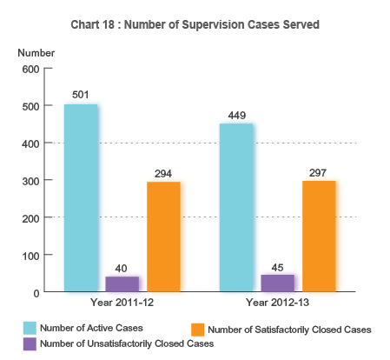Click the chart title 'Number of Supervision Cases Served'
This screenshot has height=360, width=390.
tap(195, 24)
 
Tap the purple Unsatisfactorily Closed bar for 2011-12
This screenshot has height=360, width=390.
tap(122, 283)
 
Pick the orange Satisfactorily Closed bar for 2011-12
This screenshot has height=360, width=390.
tap(163, 237)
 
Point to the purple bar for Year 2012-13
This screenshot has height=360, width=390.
tap(277, 283)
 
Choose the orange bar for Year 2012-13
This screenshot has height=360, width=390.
tap(319, 236)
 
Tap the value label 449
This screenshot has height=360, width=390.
tap(236, 115)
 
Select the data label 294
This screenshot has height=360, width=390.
tap(163, 173)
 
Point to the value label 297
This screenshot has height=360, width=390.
tap(319, 172)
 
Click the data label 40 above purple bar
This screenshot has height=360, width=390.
tap(122, 269)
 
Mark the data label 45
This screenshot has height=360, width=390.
tap(277, 267)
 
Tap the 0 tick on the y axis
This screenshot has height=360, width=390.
tap(36, 293)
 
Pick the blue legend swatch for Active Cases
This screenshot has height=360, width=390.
tap(30, 328)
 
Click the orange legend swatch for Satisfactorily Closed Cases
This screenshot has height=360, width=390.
tap(197, 330)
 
